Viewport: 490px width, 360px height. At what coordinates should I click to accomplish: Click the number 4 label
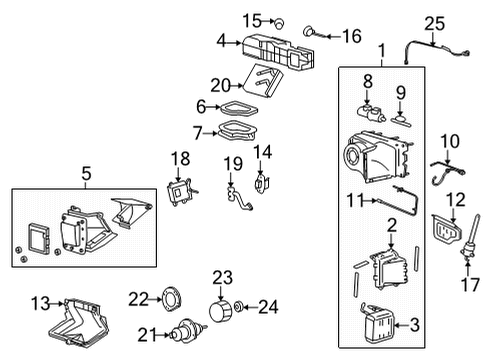pyautogui.click(x=222, y=41)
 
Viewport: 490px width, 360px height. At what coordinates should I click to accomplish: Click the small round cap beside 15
pyautogui.click(x=281, y=21)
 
